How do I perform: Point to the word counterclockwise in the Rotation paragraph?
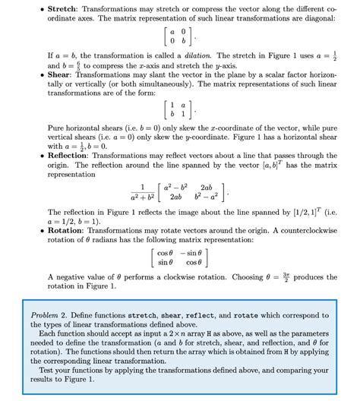click(x=306, y=225)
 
